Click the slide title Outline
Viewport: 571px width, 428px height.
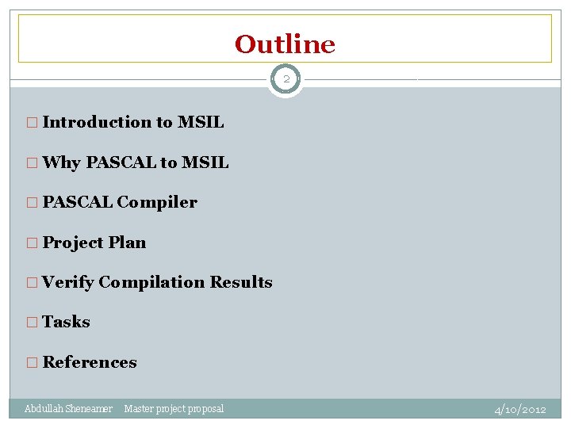pos(285,44)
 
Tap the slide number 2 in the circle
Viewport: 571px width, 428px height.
pos(285,79)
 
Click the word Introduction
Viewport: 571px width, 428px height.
pos(97,122)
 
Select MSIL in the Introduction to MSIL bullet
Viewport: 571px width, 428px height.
pos(201,122)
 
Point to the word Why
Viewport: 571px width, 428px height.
pos(62,162)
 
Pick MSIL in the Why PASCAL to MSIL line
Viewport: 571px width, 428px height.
pos(205,162)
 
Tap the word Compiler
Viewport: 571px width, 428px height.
pos(157,202)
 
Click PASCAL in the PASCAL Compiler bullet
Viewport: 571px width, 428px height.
pos(78,202)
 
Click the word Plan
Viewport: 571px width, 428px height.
pos(127,243)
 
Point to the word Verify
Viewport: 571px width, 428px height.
pos(68,282)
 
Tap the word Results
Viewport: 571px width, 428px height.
pos(241,282)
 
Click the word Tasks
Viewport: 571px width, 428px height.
pos(66,322)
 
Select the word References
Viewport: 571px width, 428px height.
pos(90,362)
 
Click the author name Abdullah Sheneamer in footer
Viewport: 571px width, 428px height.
pos(68,409)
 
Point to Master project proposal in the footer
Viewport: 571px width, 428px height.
pos(174,409)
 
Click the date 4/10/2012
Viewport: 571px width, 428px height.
pos(520,410)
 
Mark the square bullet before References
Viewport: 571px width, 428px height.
pos(32,363)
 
